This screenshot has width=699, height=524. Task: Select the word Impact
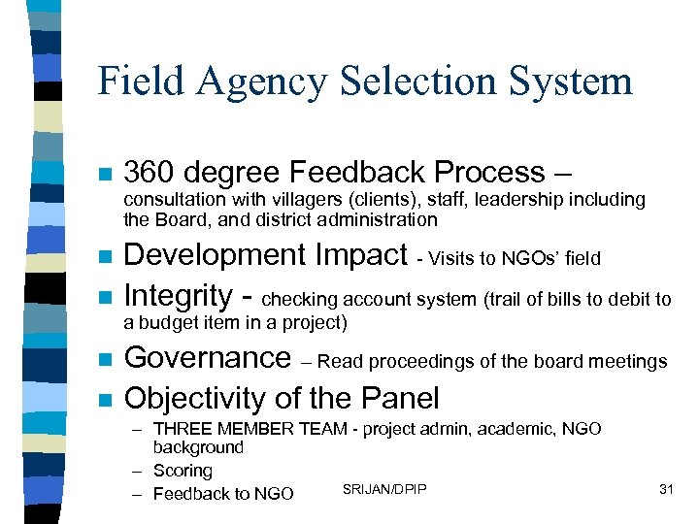click(x=365, y=255)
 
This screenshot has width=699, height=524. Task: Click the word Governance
click(x=208, y=358)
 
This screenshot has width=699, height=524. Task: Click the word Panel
click(x=400, y=398)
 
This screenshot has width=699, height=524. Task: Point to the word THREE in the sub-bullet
click(x=183, y=429)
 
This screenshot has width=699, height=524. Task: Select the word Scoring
click(x=183, y=471)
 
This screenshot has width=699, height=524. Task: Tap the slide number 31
click(x=666, y=489)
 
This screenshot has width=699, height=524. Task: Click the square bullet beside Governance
click(x=106, y=360)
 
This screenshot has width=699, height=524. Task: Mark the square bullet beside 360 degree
click(x=106, y=175)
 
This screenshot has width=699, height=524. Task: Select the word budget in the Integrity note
click(x=170, y=322)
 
